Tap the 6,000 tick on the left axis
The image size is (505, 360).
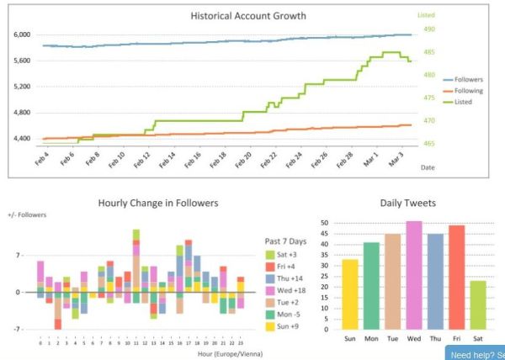(x=22, y=35)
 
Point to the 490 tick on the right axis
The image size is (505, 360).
(x=428, y=29)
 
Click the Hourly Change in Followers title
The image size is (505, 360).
(x=158, y=203)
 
